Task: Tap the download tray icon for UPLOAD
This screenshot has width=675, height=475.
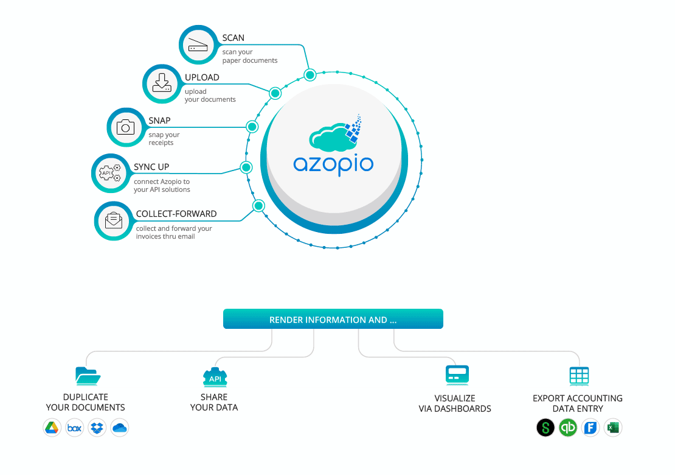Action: point(162,84)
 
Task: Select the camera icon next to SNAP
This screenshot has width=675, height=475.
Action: point(126,127)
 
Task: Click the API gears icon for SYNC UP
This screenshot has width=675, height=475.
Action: point(110,173)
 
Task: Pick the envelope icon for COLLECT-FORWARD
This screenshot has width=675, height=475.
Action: point(114,220)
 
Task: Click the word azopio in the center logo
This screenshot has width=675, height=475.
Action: point(333,164)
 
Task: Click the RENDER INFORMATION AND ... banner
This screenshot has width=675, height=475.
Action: point(333,319)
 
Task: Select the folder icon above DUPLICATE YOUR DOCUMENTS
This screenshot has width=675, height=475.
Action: point(88,376)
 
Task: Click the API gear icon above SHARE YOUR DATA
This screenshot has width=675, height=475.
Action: point(215,378)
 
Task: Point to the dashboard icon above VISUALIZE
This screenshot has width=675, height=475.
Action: point(457,375)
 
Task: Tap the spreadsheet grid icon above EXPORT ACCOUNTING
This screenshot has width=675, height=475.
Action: point(578,376)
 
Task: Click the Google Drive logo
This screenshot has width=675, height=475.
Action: point(52,427)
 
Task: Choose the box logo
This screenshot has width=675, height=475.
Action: point(74,427)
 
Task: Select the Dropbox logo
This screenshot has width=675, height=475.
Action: point(97,427)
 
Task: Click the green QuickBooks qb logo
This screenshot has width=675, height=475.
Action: point(567,427)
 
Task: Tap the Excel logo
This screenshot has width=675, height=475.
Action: point(612,427)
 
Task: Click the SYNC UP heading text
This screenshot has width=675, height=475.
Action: point(151,167)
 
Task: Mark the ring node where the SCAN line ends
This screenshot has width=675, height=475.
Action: point(310,75)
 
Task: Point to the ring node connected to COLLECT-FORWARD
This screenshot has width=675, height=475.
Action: point(258,206)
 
